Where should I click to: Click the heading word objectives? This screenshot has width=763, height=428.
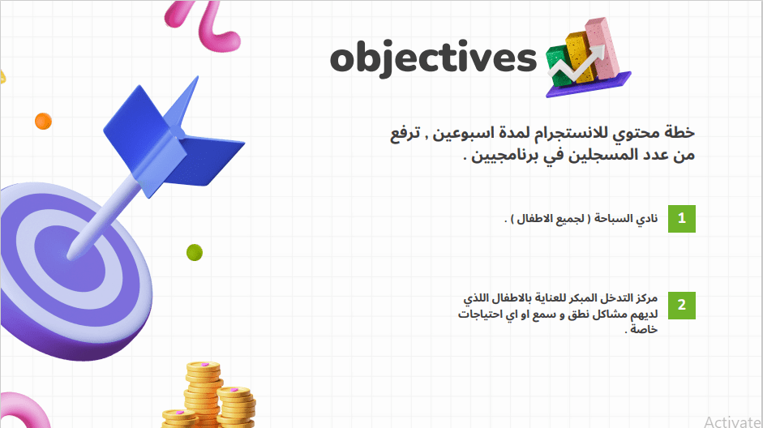click(x=433, y=58)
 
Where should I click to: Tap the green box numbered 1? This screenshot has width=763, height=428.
click(x=682, y=218)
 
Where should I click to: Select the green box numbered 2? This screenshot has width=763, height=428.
click(x=682, y=306)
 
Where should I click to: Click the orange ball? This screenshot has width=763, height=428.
click(x=43, y=121)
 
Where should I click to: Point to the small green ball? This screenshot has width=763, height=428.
click(x=194, y=252)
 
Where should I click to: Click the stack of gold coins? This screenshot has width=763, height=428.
click(x=209, y=396)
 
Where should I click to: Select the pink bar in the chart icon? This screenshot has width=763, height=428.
click(x=602, y=49)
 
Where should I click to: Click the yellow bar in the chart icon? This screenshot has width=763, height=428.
click(x=579, y=57)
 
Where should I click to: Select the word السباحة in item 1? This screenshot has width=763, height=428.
click(x=612, y=218)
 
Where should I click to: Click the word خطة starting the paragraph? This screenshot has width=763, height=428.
click(x=679, y=132)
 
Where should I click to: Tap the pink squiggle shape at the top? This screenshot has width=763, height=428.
click(x=204, y=25)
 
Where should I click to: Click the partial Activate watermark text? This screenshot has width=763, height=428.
click(x=733, y=422)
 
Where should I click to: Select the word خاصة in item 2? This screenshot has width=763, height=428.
click(x=644, y=329)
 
